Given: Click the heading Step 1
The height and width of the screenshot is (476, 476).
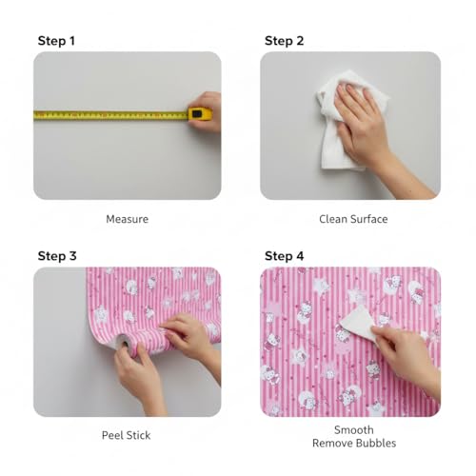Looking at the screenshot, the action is [x=56, y=41].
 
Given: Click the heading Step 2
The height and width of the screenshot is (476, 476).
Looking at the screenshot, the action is [x=284, y=41].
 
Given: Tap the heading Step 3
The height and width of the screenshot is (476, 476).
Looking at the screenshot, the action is [x=57, y=256].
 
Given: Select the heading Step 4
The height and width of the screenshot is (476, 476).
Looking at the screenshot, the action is [x=284, y=256].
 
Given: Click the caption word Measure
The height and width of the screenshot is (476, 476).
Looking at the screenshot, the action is [x=127, y=219].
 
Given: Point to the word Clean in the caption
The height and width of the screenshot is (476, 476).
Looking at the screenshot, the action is [x=333, y=219].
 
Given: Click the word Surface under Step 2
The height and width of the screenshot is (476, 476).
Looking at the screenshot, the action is [x=368, y=219].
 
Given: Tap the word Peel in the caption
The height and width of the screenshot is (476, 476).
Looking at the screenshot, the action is [x=110, y=435].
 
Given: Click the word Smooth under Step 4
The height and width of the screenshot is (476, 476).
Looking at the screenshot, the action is [x=354, y=430].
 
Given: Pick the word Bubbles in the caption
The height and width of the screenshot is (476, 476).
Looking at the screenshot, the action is [x=377, y=443].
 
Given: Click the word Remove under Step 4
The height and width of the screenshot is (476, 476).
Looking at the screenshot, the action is [x=333, y=443].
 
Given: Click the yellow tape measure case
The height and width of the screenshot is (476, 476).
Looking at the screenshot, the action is [x=200, y=114].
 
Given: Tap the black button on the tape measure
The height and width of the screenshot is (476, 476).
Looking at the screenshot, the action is [x=197, y=113].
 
